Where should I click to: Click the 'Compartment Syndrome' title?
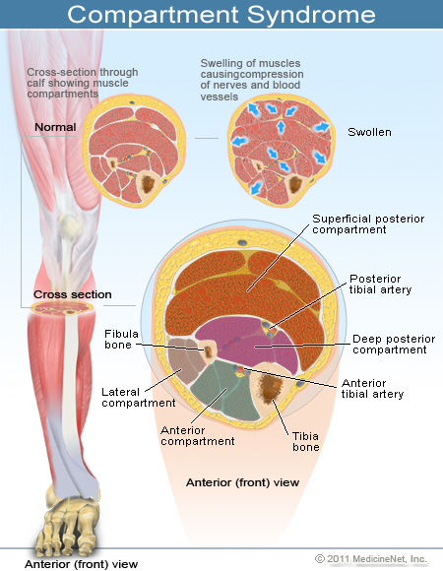[x=221, y=15]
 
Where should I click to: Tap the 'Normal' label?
[x=55, y=128]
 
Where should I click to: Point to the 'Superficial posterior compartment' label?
[x=360, y=223]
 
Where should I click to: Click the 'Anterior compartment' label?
[x=197, y=435]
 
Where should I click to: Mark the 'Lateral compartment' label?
[x=138, y=397]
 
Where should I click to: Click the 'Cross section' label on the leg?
[x=73, y=294]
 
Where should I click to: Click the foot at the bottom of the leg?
[x=71, y=523]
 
